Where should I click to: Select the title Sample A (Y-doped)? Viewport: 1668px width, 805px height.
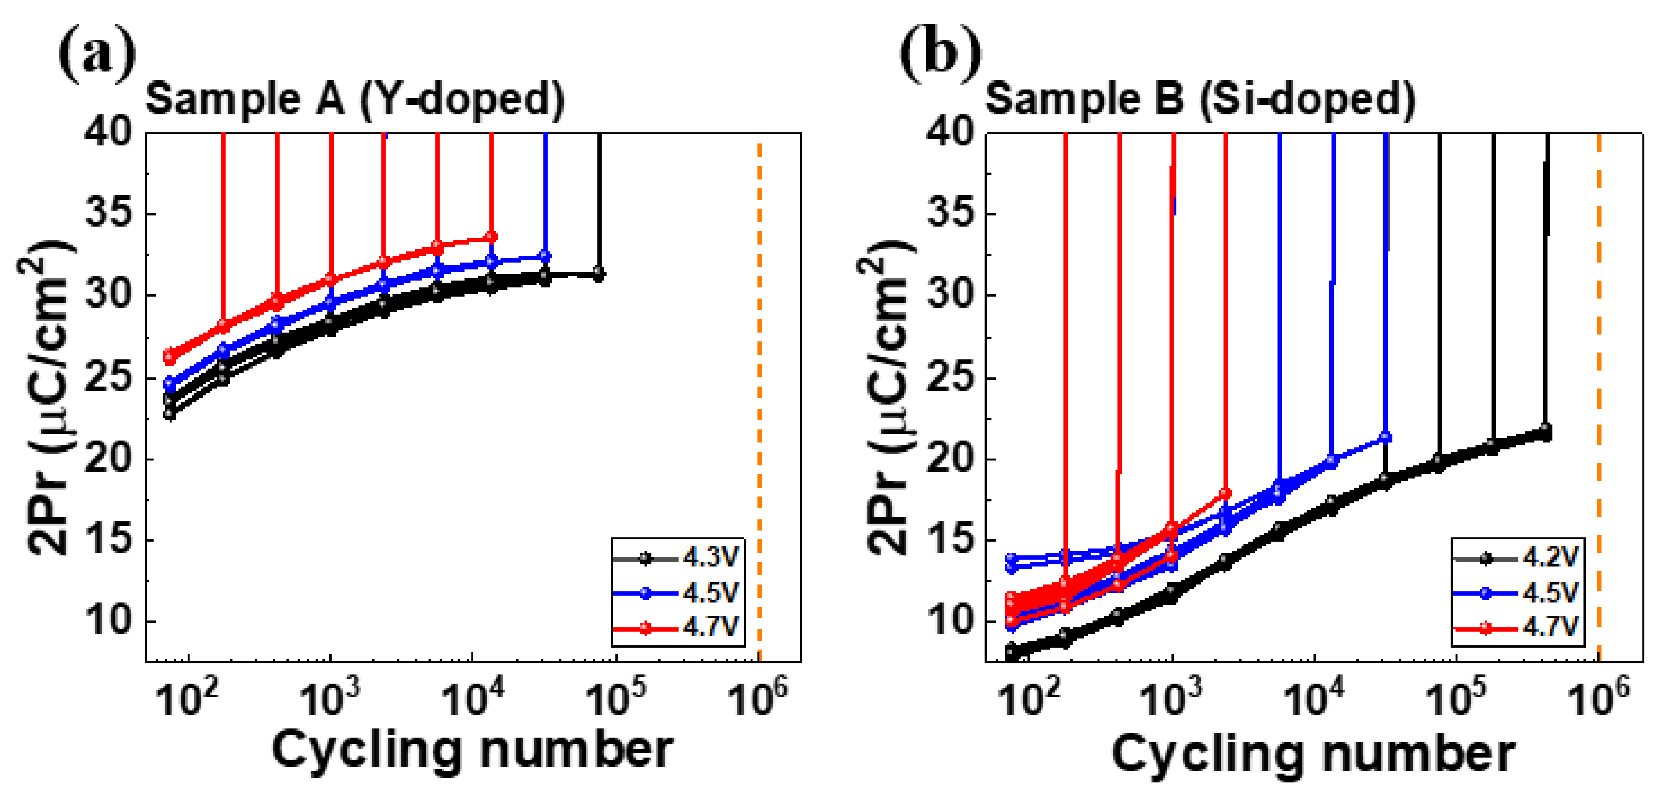pos(355,100)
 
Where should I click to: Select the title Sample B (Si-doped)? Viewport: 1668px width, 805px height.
pos(1200,100)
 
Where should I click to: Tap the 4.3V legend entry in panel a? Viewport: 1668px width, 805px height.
pos(677,557)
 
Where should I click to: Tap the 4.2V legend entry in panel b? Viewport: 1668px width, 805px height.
pos(1517,557)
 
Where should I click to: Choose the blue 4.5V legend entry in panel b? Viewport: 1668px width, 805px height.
pos(1517,593)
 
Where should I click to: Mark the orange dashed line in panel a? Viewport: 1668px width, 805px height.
pos(759,388)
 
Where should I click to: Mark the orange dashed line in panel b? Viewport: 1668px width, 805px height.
pos(1599,388)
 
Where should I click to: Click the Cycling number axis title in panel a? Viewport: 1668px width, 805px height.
pos(473,751)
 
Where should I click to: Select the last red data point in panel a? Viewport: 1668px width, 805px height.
pos(491,237)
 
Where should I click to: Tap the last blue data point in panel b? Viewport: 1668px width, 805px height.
pos(1385,438)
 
